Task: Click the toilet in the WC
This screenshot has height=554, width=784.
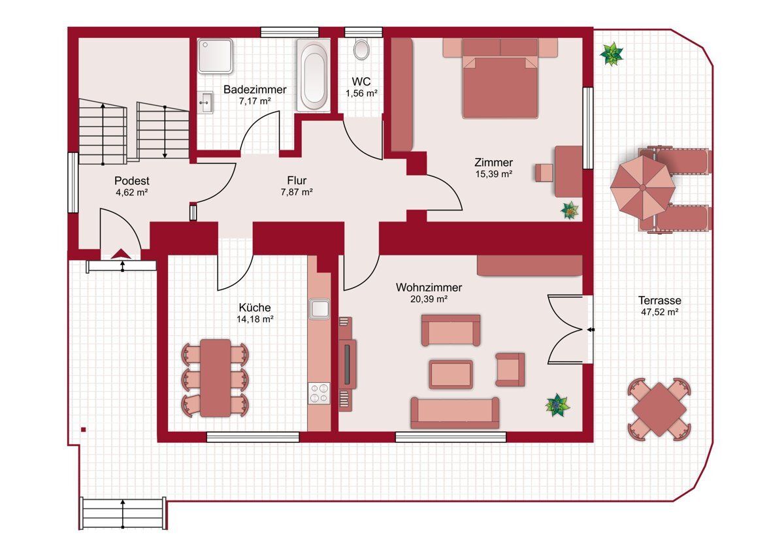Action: (361, 49)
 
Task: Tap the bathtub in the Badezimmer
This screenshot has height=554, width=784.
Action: (314, 75)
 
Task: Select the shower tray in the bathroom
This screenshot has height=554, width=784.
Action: (215, 56)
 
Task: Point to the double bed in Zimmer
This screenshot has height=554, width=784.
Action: (500, 78)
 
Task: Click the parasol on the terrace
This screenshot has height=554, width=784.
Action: (643, 187)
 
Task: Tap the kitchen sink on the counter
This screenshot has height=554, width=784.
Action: (319, 308)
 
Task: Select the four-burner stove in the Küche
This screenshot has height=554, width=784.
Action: (319, 393)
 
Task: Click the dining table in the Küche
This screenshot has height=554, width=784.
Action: (215, 378)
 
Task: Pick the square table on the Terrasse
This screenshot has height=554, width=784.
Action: (659, 409)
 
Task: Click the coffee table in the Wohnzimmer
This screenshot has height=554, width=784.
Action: (451, 374)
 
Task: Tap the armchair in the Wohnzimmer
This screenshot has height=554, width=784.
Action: (510, 370)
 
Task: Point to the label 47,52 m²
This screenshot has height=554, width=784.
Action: (660, 312)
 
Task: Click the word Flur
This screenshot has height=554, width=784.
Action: (297, 180)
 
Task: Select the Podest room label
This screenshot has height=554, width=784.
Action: (132, 181)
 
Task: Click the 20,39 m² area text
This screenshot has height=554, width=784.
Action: (429, 299)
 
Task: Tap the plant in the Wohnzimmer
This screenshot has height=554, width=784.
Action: (557, 405)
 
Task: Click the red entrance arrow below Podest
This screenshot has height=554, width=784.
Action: (121, 253)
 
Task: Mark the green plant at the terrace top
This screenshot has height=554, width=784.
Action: (612, 54)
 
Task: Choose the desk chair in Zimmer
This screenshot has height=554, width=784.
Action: (544, 173)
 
